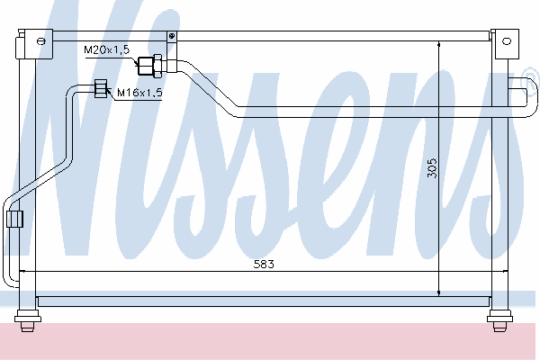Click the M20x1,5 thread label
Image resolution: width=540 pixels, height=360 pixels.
(107, 50)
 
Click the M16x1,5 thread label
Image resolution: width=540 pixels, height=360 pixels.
(139, 93)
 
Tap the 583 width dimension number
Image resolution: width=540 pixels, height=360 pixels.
(264, 264)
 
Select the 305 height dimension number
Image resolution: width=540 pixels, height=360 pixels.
(432, 167)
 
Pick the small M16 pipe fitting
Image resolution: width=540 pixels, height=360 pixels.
(101, 88)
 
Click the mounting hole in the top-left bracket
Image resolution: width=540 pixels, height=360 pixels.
(40, 41)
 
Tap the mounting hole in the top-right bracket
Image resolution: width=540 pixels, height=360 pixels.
(507, 41)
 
